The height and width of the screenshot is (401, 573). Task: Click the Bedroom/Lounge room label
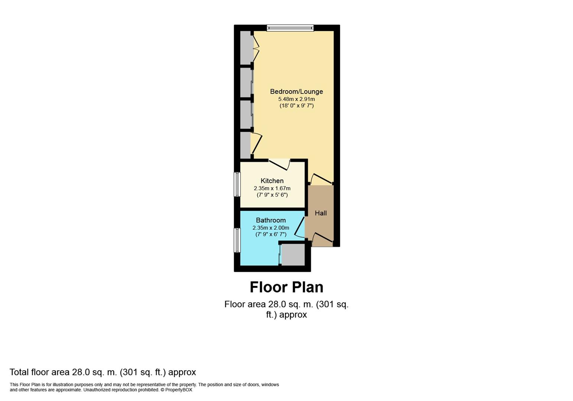[x=297, y=91]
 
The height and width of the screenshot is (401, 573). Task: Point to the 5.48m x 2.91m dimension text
[x=297, y=99]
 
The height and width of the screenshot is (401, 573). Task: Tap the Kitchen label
[x=272, y=181]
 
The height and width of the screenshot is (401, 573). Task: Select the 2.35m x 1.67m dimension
[x=272, y=188]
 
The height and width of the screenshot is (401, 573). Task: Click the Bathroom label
[x=271, y=220]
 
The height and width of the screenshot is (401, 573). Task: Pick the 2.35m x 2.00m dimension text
[x=271, y=228]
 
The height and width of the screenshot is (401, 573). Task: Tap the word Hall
[x=321, y=213]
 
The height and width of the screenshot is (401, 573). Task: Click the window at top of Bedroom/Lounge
[x=290, y=28]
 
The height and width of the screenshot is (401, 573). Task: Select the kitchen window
[x=237, y=184]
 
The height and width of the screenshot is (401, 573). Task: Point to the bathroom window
[x=237, y=240]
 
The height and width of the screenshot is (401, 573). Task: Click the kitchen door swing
[x=279, y=165]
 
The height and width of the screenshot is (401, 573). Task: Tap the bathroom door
[x=300, y=227]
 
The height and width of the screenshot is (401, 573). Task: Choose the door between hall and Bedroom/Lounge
[x=321, y=179]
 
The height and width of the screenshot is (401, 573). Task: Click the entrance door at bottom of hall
[x=322, y=237]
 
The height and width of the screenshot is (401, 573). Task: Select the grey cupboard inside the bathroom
[x=293, y=255]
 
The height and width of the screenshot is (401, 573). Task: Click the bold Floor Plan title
[x=286, y=287]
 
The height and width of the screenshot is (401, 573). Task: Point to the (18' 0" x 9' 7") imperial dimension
[x=297, y=105]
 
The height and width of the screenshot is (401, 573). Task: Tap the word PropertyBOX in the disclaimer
[x=178, y=390]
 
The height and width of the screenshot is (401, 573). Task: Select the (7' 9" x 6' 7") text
[x=271, y=234]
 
